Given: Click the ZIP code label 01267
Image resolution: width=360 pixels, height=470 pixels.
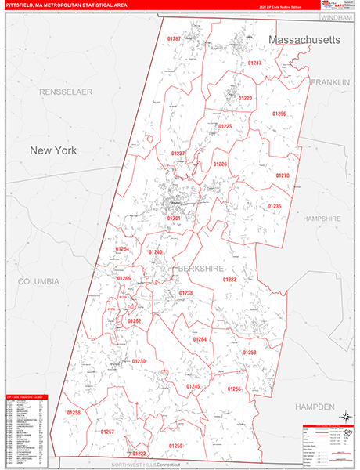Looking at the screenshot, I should coord(174,38).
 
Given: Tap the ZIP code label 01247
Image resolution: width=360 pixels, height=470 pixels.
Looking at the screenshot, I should coord(254,62).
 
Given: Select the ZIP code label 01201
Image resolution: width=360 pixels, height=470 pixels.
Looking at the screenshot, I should coord(174,219).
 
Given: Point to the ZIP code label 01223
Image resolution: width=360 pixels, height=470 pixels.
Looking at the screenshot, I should coord(229,279).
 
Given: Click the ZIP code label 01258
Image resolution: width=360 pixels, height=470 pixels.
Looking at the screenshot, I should coord(74,412).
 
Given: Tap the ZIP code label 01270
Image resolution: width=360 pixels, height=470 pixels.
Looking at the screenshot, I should coord(283,175).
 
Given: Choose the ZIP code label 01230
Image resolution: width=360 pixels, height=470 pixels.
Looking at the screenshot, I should coord(139,361).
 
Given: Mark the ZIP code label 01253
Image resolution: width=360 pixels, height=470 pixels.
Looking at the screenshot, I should coord(250,352).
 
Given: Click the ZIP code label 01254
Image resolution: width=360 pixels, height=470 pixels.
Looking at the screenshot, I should coord(122,248).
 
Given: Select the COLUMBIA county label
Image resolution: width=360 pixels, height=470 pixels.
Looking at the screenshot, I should coord(38,280).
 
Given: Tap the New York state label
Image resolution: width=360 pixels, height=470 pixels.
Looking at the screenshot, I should coord(53,150).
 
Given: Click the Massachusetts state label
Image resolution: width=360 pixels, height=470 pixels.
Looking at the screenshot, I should coord(304,39).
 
